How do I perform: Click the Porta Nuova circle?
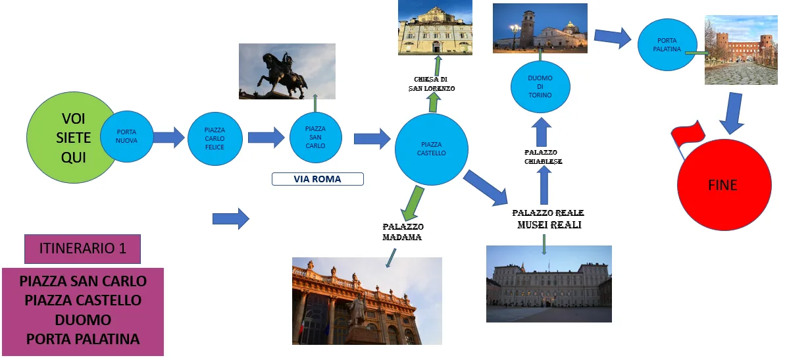coord(127,136)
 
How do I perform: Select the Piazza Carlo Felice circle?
coord(215,139)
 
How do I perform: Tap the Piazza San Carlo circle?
coord(315,137)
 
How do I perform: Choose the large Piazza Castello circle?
coord(432,149)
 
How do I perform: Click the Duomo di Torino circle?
coord(540,87)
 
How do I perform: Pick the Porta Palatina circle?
coord(667,45)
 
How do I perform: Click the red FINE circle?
coord(724,185)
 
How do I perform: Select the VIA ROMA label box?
coord(317,179)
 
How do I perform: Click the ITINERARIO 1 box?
coord(83,249)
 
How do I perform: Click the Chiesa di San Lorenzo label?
coord(434,84)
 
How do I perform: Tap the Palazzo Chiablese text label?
coord(544,157)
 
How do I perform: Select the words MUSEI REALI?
coord(549,225)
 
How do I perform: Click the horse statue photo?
coord(287,71)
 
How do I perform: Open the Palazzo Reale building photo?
coord(549,284)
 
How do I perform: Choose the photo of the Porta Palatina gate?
coord(741,49)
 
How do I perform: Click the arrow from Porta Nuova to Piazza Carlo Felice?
coord(168,137)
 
